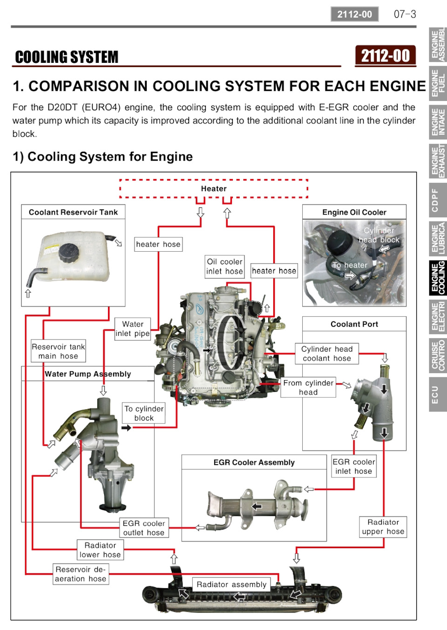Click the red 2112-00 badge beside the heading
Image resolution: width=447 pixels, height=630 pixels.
pyautogui.click(x=385, y=56)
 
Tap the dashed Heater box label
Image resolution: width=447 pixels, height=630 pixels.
pyautogui.click(x=214, y=188)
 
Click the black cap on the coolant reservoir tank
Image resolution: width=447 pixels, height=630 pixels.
pyautogui.click(x=68, y=253)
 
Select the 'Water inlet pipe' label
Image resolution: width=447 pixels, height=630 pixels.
pyautogui.click(x=133, y=329)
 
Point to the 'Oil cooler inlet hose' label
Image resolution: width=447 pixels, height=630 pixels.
pyautogui.click(x=224, y=267)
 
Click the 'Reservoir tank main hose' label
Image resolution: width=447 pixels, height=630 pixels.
pyautogui.click(x=58, y=351)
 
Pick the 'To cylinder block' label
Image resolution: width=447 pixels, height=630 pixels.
pyautogui.click(x=143, y=413)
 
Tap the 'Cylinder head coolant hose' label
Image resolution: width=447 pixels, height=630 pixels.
pyautogui.click(x=327, y=354)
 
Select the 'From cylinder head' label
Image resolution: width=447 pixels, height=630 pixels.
pyautogui.click(x=308, y=388)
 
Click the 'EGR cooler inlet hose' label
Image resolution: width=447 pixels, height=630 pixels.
pyautogui.click(x=353, y=466)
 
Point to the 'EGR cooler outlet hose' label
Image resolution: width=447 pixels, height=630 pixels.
pyautogui.click(x=144, y=528)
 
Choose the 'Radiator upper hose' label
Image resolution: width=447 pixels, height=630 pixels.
pyautogui.click(x=383, y=527)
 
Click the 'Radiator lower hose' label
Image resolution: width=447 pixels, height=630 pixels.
pyautogui.click(x=100, y=550)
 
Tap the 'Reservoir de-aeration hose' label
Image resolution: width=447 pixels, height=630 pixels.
pyautogui.click(x=81, y=574)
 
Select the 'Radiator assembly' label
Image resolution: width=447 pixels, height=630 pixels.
pyautogui.click(x=231, y=584)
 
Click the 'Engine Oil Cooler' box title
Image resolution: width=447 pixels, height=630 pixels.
pyautogui.click(x=354, y=212)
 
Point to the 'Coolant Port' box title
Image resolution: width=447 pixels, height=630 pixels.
pyautogui.click(x=354, y=324)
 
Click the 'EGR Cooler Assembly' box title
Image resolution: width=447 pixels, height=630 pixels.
pyautogui.click(x=254, y=462)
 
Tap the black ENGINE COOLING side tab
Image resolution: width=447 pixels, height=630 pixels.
pyautogui.click(x=438, y=278)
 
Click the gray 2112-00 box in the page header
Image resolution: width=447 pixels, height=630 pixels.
pyautogui.click(x=355, y=14)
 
